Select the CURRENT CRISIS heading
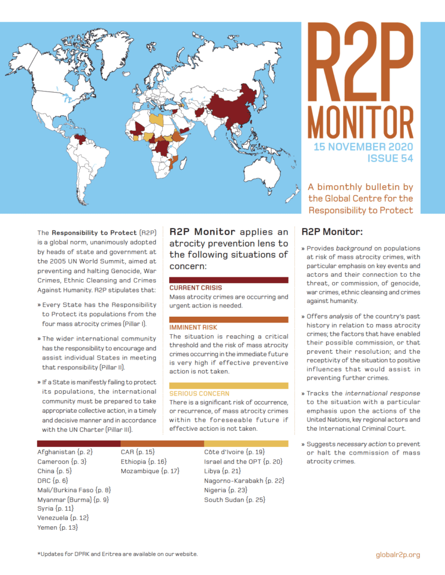pyautogui.click(x=195, y=287)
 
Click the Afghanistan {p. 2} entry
pyautogui.click(x=65, y=451)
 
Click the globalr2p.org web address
pyautogui.click(x=398, y=554)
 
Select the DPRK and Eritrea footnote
pyautogui.click(x=117, y=554)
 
